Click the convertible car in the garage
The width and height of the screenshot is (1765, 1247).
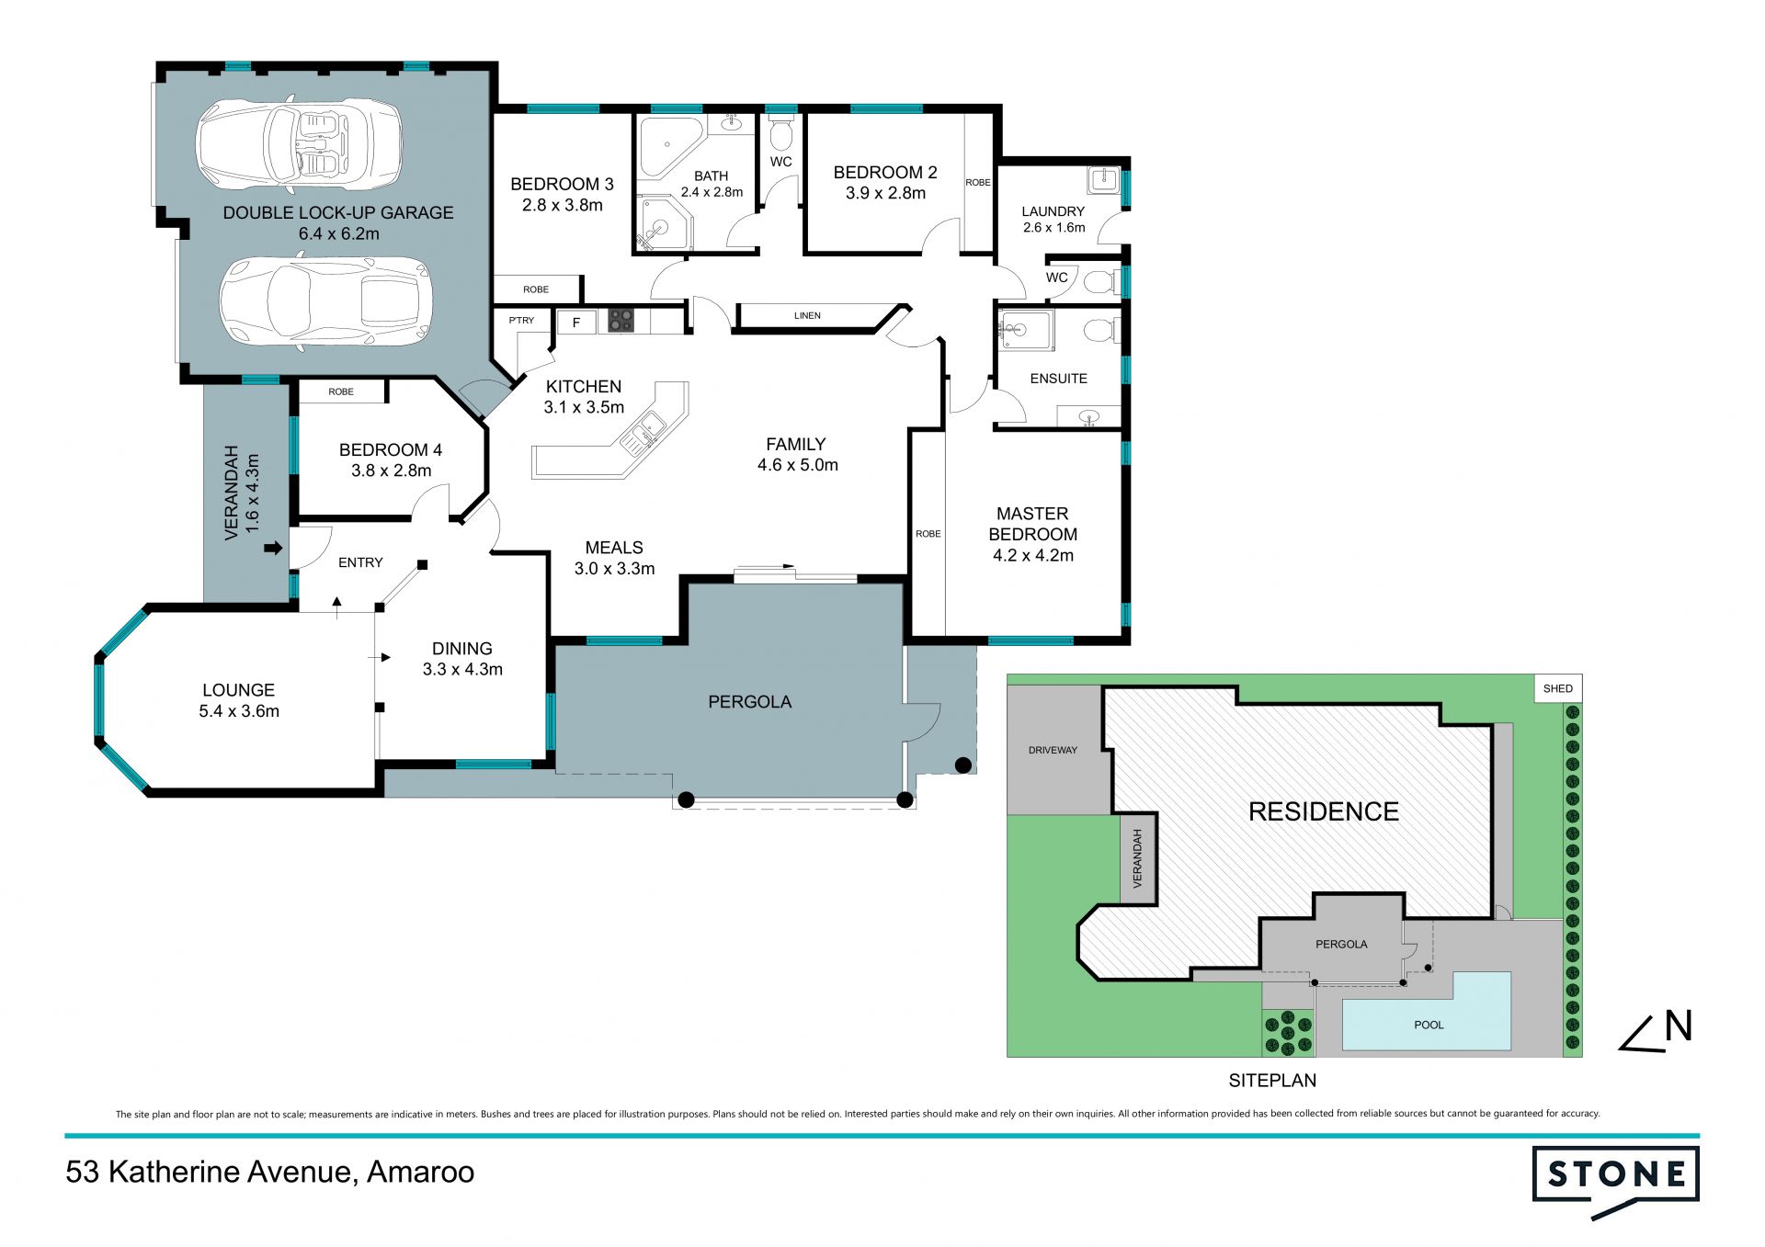[299, 145]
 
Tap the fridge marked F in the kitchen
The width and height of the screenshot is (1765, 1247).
[576, 322]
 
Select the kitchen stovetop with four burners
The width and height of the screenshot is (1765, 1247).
[621, 320]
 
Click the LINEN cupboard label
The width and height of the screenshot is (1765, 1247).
[807, 315]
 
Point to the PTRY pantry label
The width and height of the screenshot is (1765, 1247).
[521, 320]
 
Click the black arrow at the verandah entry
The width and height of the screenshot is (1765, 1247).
[273, 549]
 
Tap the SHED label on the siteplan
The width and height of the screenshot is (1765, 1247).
[1557, 688]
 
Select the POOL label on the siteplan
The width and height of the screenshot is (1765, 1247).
[1429, 1025]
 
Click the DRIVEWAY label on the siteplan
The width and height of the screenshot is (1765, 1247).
[1053, 750]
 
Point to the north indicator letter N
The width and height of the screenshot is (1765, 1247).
[1679, 1026]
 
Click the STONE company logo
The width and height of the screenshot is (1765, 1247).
[1615, 1180]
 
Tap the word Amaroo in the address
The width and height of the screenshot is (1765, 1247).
[420, 1172]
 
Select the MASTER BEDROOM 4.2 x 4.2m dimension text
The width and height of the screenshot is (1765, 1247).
[1033, 555]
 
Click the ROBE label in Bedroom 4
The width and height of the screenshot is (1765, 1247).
[341, 391]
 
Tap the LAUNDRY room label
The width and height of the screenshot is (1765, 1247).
[1053, 210]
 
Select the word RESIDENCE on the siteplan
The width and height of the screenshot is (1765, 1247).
[1324, 811]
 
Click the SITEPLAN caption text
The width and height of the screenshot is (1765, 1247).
[1272, 1081]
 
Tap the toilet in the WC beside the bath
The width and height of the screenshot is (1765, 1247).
[780, 134]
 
